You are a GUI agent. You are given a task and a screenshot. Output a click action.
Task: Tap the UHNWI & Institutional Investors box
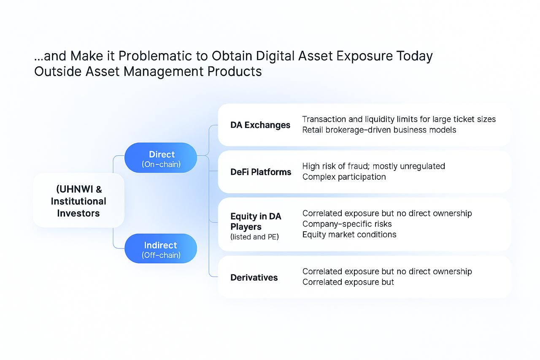tap(78, 201)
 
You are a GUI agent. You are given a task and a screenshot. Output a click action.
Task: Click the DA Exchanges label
tap(260, 125)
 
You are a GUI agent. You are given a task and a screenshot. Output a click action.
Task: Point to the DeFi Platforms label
tap(261, 172)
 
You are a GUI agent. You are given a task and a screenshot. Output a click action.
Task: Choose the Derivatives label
tap(254, 277)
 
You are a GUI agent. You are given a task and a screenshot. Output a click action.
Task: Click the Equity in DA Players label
tap(256, 222)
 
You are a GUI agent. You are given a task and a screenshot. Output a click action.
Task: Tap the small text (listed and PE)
tap(255, 237)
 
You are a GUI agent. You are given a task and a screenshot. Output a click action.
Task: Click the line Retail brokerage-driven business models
tap(379, 130)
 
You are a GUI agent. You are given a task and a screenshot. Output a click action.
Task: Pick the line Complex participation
tap(344, 177)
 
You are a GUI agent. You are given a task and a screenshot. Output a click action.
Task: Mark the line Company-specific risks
tap(347, 224)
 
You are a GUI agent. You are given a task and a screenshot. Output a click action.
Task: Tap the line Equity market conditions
tap(349, 234)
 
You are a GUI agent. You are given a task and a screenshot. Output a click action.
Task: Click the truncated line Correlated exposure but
tap(348, 282)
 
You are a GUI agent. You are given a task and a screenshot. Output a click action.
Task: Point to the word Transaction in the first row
tap(325, 119)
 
